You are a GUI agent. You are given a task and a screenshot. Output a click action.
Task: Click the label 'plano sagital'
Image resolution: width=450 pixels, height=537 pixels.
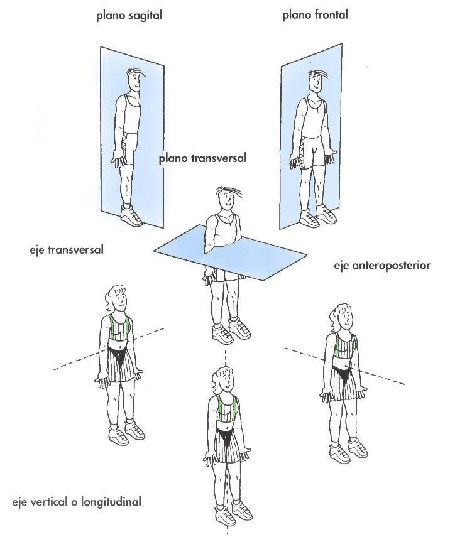[x=129, y=16]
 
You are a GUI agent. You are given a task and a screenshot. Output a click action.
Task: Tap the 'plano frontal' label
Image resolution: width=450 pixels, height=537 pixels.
[x=315, y=14]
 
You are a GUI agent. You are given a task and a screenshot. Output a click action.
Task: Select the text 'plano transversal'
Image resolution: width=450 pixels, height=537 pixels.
[x=202, y=158]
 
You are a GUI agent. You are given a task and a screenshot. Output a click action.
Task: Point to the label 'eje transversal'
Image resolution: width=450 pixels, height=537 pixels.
[x=67, y=249]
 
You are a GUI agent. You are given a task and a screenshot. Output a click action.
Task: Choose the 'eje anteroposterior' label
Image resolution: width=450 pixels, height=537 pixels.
[x=382, y=266]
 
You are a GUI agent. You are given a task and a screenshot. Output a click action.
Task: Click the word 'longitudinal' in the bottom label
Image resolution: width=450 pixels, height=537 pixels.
[x=111, y=502]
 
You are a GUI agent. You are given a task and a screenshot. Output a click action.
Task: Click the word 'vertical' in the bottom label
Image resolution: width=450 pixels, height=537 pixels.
[x=48, y=502]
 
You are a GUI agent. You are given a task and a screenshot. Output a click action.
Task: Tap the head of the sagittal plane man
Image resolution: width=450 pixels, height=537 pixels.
[x=135, y=80]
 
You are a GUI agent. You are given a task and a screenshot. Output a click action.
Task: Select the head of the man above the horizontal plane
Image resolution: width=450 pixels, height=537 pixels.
[x=228, y=198]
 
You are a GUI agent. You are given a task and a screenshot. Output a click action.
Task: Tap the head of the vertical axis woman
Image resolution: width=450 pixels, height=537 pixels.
[x=224, y=380]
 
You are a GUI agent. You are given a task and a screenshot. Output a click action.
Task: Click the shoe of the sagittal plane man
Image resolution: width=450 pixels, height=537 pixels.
[x=131, y=215]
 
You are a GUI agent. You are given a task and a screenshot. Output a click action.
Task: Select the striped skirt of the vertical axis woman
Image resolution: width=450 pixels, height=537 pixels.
[x=226, y=445]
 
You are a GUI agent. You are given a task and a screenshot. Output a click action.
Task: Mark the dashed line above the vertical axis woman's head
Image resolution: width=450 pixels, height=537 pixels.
[x=226, y=358]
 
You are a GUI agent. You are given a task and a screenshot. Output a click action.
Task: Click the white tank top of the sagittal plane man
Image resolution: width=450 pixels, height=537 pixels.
[x=132, y=113]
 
